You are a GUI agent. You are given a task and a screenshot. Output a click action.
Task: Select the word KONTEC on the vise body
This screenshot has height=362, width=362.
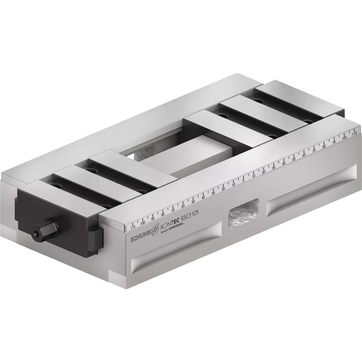pyautogui.click(x=169, y=224)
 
